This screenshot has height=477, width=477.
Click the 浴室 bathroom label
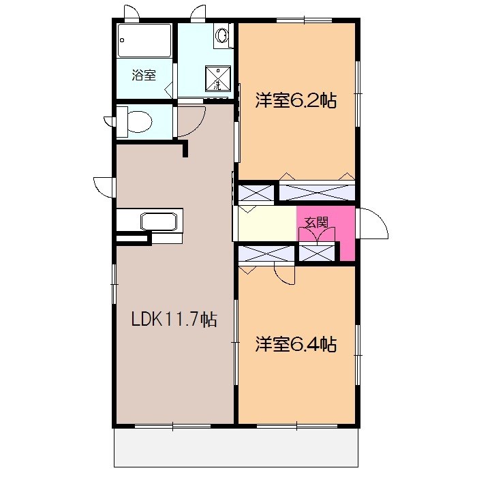coord(144,75)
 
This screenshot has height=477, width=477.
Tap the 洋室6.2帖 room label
coord(296,101)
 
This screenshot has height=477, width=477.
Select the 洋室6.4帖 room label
coord(296,344)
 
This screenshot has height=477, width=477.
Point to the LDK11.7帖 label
coord(174,319)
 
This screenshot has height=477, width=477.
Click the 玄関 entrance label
coord(316,221)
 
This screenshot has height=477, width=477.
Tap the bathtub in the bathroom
coord(144,41)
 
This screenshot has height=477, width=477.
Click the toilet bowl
coord(137,121)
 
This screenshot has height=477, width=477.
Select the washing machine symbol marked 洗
coord(217,78)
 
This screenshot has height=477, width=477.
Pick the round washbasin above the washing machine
coord(222,35)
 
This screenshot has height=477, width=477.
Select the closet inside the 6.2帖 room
coord(318,191)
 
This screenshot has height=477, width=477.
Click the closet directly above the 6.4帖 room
coord(266,253)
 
